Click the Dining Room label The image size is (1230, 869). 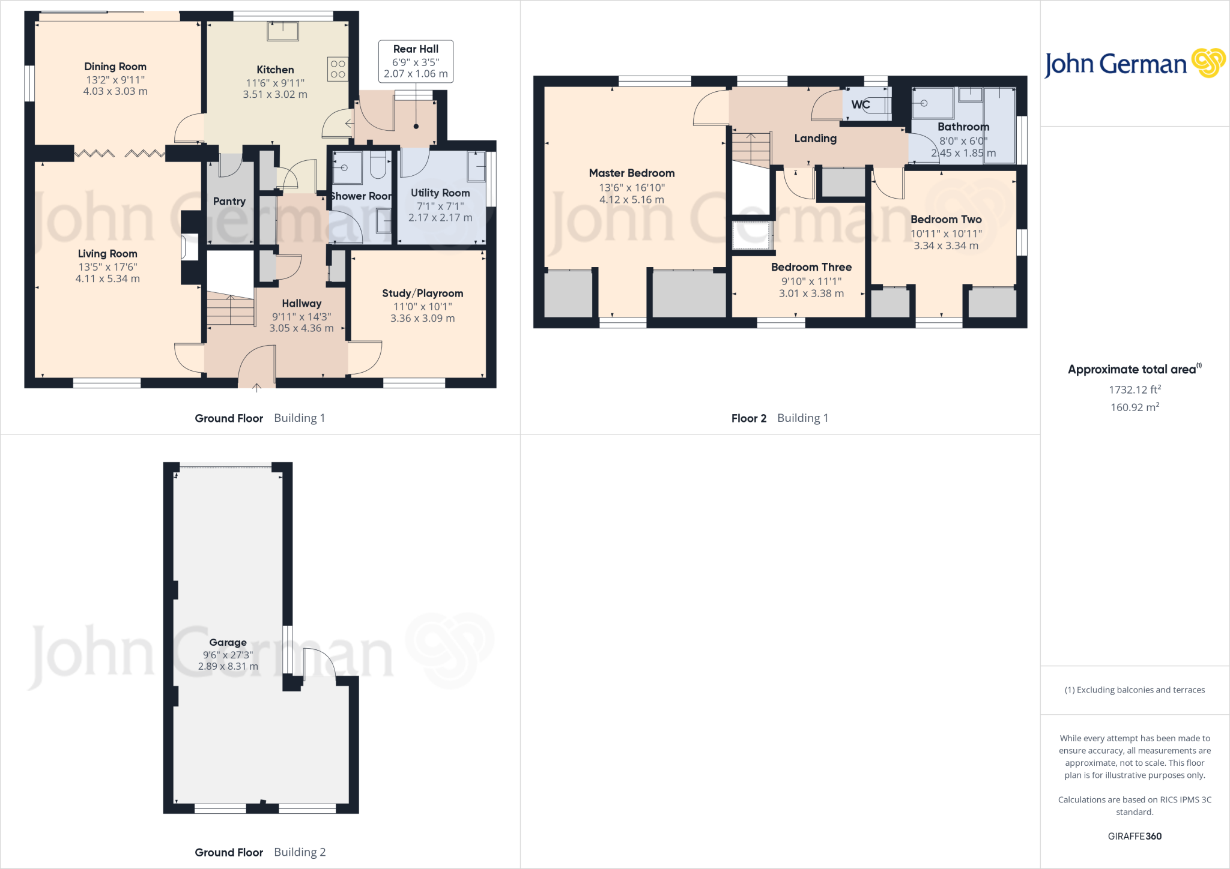tap(115, 67)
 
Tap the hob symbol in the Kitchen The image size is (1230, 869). tap(338, 69)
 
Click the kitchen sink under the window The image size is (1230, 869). tap(283, 31)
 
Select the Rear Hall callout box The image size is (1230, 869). tap(416, 61)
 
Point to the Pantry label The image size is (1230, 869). tap(229, 202)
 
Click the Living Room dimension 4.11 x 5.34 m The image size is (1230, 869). tap(108, 278)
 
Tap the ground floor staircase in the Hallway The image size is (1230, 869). tap(231, 310)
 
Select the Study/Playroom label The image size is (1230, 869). tap(422, 293)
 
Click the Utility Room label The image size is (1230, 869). tap(440, 193)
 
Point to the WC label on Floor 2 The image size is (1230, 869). tap(860, 105)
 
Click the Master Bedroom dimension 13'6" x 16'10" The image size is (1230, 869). tap(632, 187)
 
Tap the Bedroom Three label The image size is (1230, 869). tap(811, 267)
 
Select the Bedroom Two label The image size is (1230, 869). tap(946, 220)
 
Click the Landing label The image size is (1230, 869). tap(815, 139)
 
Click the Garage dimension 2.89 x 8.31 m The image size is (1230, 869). tap(228, 666)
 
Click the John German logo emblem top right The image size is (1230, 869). tap(1208, 63)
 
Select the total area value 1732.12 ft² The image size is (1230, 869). tap(1135, 389)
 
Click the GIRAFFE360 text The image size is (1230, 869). tap(1135, 836)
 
